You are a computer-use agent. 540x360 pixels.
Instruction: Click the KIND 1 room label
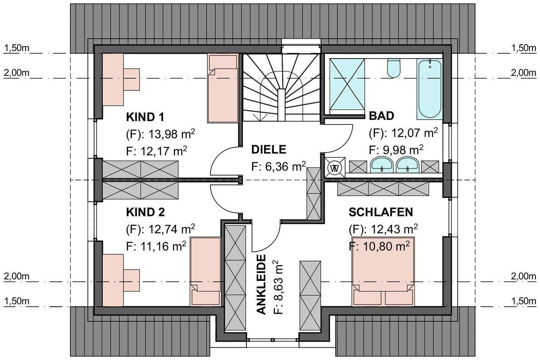[145, 117]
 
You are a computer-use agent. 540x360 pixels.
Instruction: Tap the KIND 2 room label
[145, 212]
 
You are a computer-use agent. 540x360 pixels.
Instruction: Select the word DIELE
[268, 150]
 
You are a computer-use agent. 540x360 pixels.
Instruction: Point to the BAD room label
[381, 116]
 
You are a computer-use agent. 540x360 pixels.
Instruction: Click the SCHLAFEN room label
[381, 212]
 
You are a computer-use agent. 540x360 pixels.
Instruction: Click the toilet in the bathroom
[394, 68]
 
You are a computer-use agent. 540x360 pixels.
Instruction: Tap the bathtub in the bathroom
[429, 88]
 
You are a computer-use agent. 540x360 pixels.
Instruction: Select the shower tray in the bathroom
[347, 86]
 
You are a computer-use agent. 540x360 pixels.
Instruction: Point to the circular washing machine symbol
[334, 168]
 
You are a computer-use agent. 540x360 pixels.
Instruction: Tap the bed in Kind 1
[223, 88]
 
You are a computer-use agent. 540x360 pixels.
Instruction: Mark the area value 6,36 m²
[279, 166]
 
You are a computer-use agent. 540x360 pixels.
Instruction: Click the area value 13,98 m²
[171, 134]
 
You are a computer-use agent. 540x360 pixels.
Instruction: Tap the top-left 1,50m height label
[16, 48]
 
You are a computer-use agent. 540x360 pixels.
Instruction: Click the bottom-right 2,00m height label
[523, 277]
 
